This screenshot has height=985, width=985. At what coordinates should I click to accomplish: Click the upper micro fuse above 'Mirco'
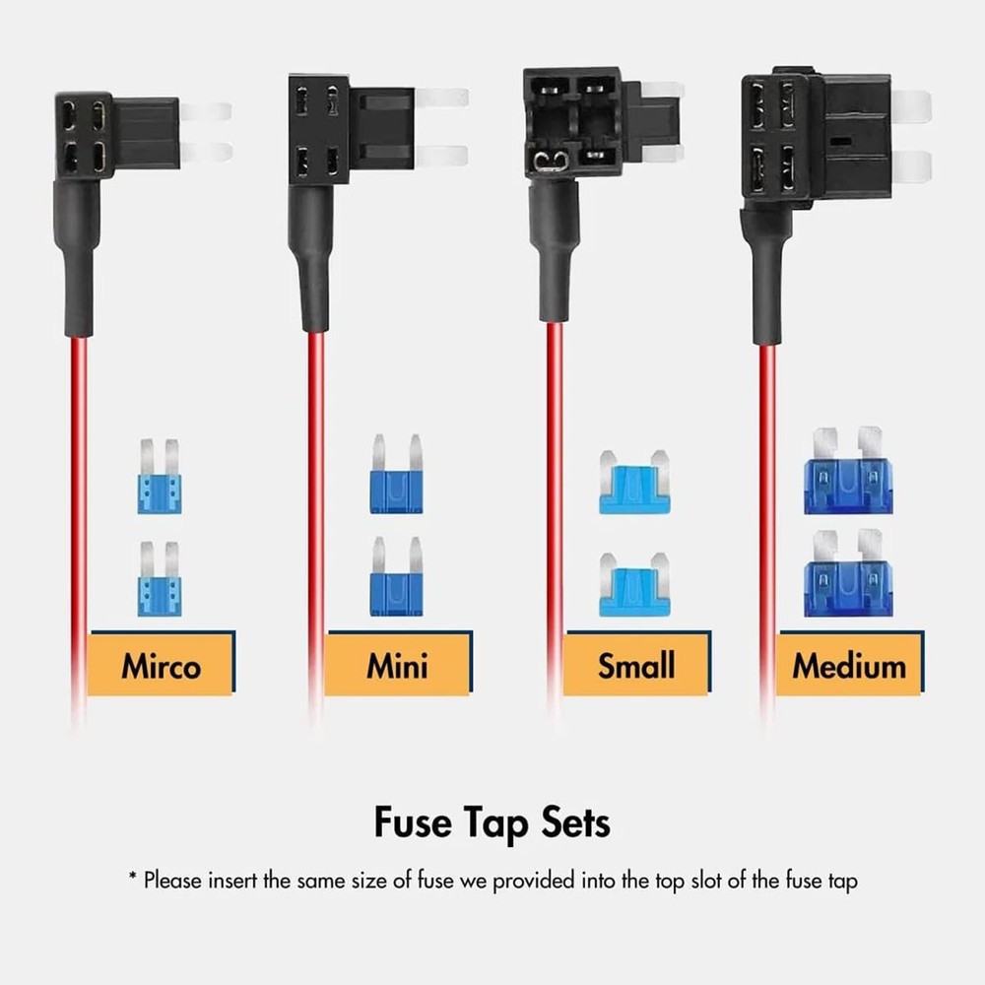click(x=160, y=479)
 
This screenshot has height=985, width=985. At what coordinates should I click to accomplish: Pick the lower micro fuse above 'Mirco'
click(x=160, y=581)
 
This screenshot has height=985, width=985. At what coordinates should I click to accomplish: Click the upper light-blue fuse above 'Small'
click(x=634, y=484)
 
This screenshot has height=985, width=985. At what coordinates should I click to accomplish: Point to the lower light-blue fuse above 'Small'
click(x=634, y=586)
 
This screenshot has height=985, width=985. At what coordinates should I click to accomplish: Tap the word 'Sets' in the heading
click(x=574, y=821)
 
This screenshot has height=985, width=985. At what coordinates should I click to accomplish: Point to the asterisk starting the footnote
click(x=132, y=877)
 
